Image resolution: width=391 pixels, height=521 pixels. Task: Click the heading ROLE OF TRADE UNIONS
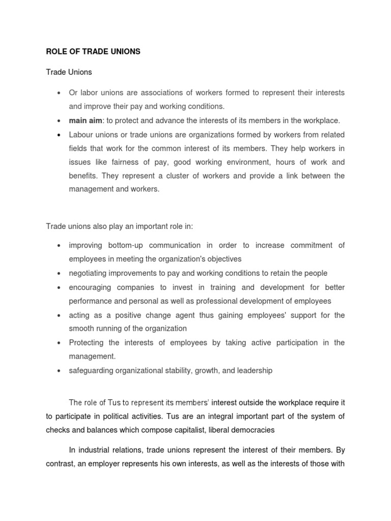(x=93, y=52)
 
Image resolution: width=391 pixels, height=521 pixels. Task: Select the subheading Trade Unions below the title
(x=69, y=72)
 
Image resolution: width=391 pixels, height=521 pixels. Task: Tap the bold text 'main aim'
(x=85, y=121)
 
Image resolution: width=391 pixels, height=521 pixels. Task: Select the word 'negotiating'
(x=88, y=273)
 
